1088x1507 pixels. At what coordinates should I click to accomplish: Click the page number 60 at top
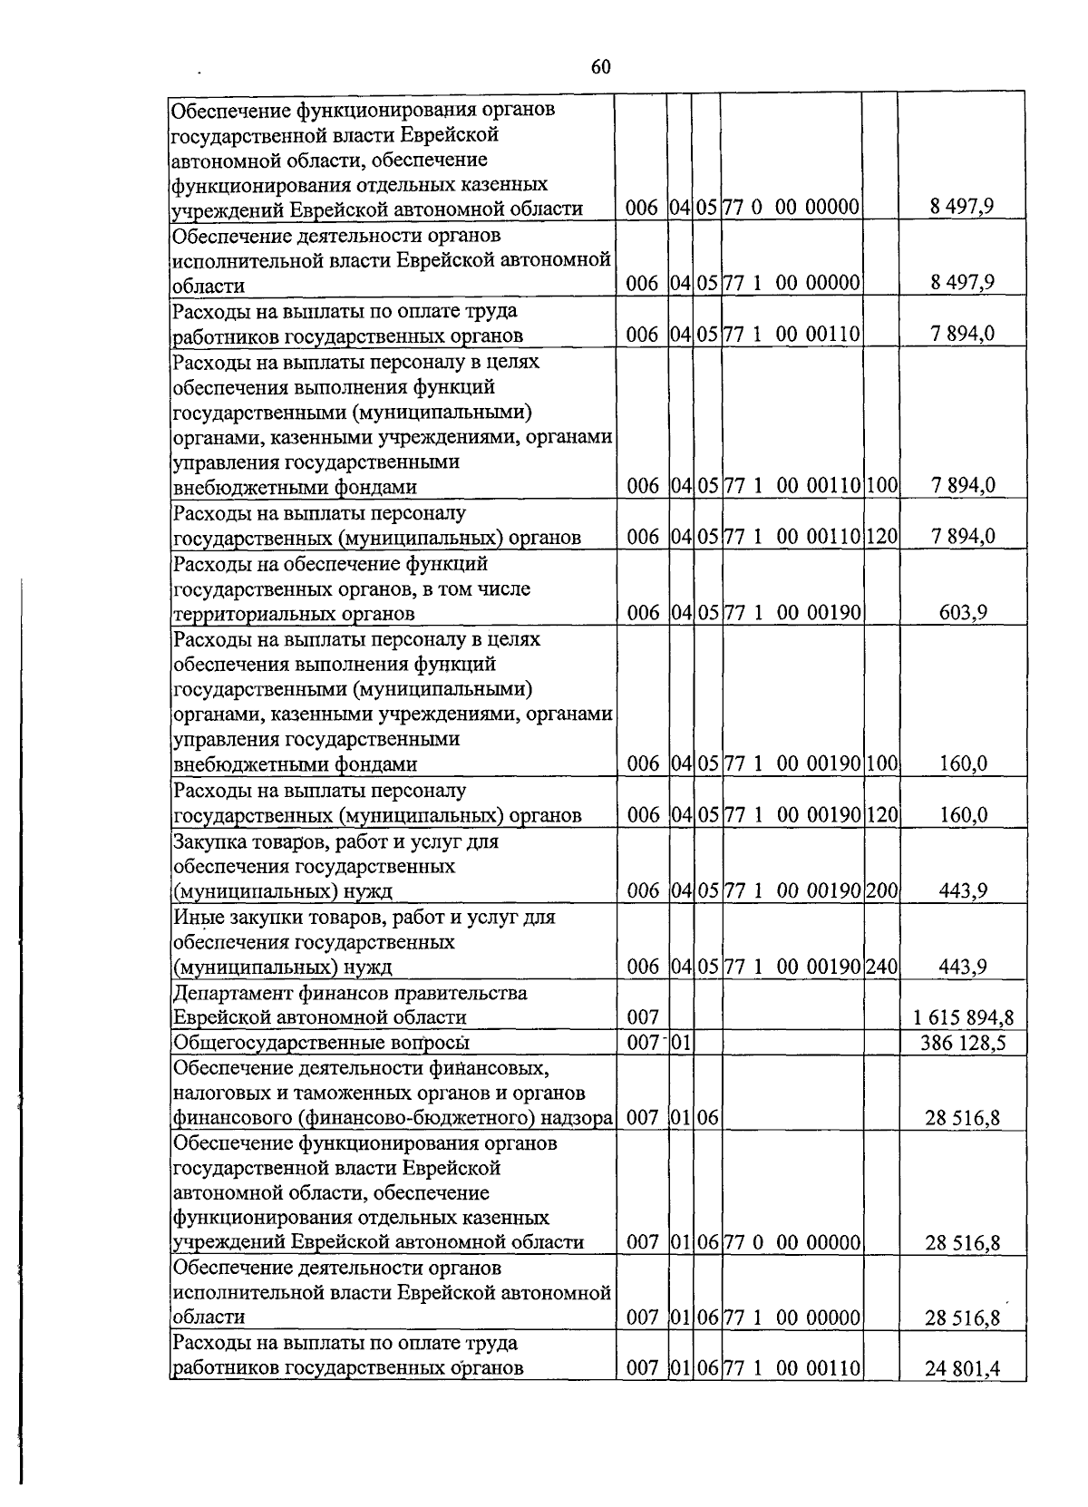[x=600, y=67]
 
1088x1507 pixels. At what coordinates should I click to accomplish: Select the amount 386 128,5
[x=964, y=1043]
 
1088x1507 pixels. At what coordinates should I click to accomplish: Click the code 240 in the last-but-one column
[x=880, y=967]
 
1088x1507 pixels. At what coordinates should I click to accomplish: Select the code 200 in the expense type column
[x=880, y=891]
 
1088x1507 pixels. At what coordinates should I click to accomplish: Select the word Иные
[x=193, y=917]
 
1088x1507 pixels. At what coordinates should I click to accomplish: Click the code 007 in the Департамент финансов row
[x=642, y=1017]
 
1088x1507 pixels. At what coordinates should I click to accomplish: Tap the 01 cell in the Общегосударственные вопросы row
[x=680, y=1043]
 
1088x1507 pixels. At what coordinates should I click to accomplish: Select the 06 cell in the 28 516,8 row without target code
[x=707, y=1118]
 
